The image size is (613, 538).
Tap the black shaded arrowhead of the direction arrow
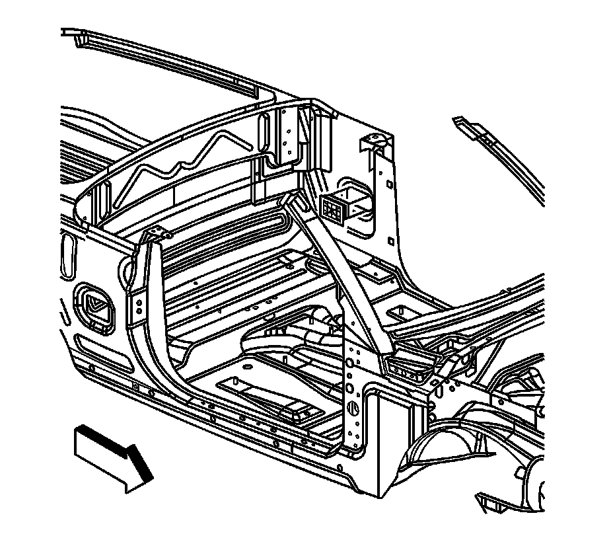[x=141, y=467]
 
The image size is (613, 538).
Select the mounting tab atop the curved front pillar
[x=155, y=233]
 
